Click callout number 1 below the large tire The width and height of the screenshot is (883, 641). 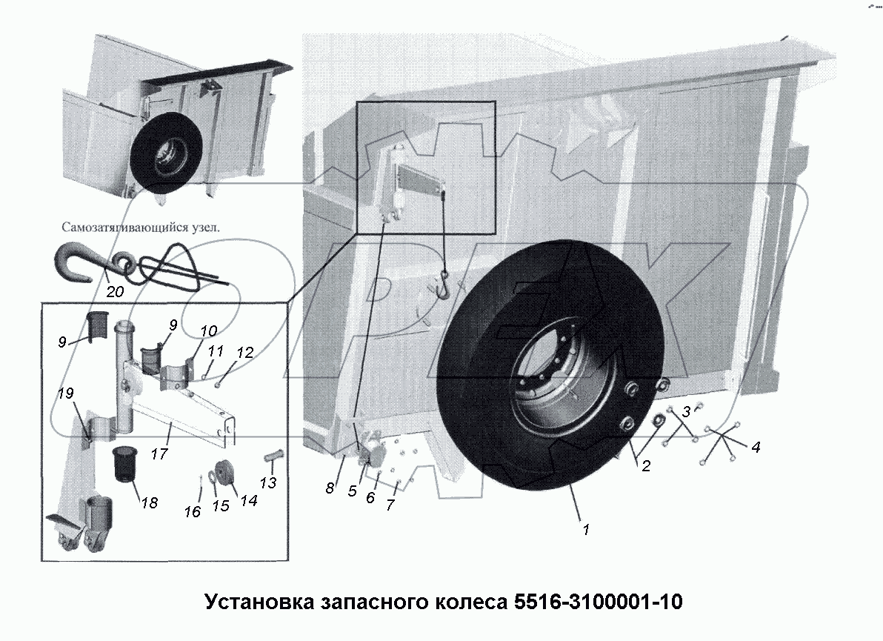pos(586,530)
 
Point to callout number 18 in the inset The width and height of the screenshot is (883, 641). pos(149,502)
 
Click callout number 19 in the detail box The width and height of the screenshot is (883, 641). pos(67,394)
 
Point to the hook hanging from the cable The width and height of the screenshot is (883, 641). pos(444,285)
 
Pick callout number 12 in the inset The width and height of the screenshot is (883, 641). pos(245,353)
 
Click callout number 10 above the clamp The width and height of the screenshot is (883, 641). pos(209,330)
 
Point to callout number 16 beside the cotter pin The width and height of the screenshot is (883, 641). pos(193,512)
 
